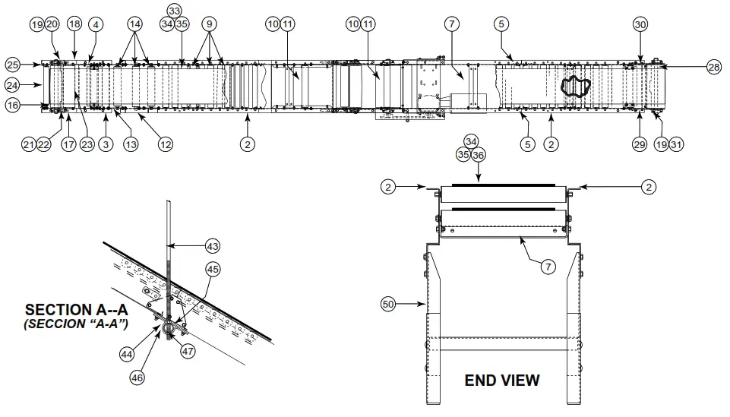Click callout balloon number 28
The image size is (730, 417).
(x=713, y=67)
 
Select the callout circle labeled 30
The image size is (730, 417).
(x=640, y=24)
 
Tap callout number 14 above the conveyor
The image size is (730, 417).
(x=134, y=24)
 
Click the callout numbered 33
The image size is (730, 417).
(x=175, y=11)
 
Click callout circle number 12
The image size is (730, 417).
(x=165, y=143)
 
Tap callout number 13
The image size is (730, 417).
(x=131, y=143)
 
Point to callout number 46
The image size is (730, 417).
(x=137, y=376)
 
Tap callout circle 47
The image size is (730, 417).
(x=188, y=352)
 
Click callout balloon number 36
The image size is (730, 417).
(x=479, y=155)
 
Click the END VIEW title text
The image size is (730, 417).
(x=501, y=380)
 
